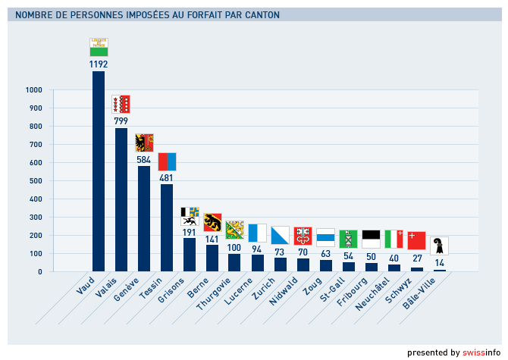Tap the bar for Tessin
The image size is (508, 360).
tap(166, 227)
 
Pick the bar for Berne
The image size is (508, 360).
tap(212, 258)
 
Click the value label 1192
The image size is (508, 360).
tap(98, 64)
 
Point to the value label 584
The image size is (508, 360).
tap(143, 159)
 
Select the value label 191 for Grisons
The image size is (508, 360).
tap(189, 232)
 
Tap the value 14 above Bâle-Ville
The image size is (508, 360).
tap(439, 263)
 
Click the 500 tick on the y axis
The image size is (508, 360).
tap(34, 181)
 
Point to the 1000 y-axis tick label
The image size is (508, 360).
tap(33, 90)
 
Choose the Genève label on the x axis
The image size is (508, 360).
tap(127, 289)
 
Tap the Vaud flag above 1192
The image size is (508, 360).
tap(99, 47)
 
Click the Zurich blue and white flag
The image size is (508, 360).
tap(281, 235)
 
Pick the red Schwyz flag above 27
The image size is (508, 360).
tap(416, 240)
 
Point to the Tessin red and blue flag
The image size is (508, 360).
tap(167, 161)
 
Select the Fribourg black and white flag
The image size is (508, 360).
tap(371, 239)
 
